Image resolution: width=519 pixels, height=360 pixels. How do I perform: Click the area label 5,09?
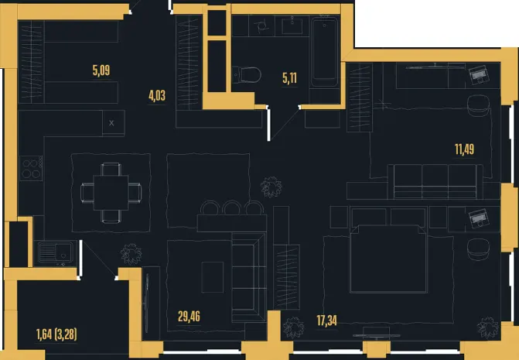[101, 70]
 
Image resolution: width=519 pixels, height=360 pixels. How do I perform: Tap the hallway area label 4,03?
[157, 95]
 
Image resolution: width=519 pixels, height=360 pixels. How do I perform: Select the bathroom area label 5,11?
[289, 78]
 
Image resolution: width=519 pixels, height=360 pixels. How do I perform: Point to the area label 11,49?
[464, 149]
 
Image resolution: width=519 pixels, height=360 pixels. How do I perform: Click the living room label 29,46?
[189, 317]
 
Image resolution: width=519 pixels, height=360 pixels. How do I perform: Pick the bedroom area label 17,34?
[326, 321]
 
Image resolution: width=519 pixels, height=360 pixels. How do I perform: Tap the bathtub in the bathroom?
[324, 51]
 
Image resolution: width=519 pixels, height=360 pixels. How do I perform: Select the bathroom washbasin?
[292, 26]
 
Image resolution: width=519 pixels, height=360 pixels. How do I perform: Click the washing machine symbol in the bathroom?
[261, 26]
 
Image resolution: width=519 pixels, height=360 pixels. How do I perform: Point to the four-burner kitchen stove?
[31, 168]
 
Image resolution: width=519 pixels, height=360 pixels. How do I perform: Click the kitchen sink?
[55, 252]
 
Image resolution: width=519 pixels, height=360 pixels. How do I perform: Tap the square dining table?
[111, 193]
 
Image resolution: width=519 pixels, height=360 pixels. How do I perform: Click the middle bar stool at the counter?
[232, 207]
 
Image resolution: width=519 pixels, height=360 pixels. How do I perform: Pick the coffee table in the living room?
[213, 277]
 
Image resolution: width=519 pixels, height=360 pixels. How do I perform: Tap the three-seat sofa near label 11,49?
[435, 181]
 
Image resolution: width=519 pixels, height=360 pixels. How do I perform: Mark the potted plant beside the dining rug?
[131, 255]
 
